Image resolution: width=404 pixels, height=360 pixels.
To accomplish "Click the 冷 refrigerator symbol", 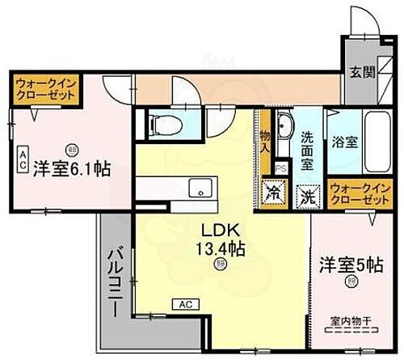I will (271, 194).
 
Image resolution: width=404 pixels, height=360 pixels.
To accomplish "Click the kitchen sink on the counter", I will (196, 188).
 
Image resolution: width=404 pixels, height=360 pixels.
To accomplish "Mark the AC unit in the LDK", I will (183, 305).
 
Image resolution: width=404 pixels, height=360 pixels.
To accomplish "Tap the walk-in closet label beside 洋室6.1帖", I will (45, 88).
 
